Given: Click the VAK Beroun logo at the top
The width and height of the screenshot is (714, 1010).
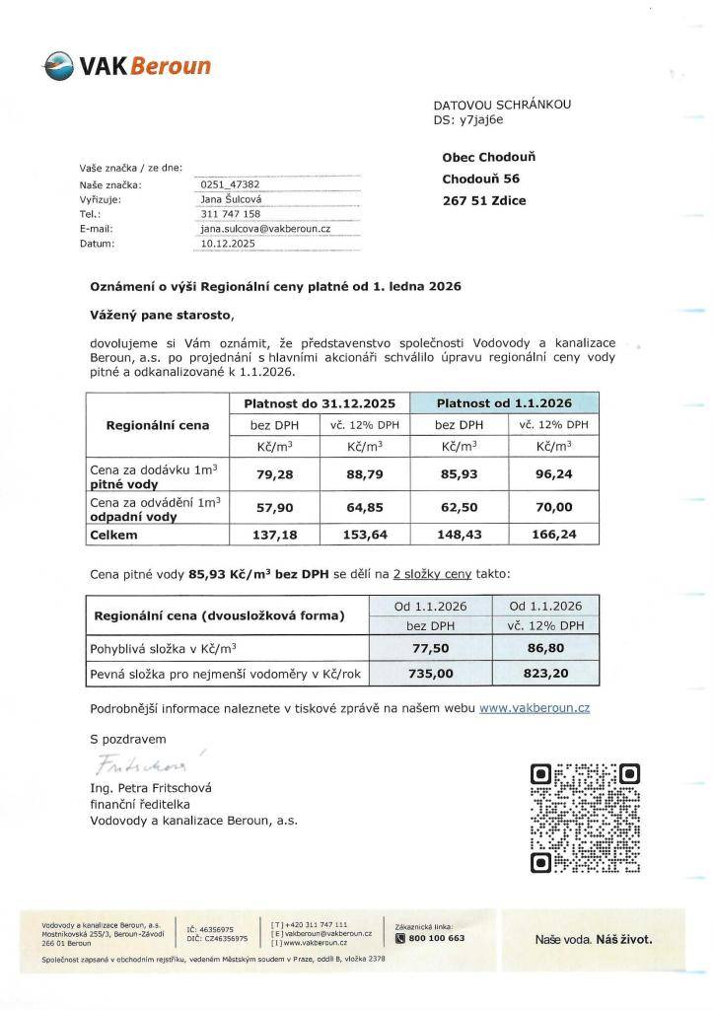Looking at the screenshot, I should (126, 67).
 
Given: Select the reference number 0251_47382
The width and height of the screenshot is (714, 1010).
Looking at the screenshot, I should (230, 184).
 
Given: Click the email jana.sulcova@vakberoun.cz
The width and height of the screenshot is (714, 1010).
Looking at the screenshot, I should (264, 228).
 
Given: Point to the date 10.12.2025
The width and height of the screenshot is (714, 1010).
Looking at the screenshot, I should (228, 242).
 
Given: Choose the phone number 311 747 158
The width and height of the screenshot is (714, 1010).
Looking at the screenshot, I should (230, 213).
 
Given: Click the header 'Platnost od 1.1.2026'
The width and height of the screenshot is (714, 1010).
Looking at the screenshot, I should (504, 402).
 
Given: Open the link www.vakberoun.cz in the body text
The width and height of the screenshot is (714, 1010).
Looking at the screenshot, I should (535, 708).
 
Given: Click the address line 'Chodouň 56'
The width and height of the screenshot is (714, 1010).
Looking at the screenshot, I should (480, 179).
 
